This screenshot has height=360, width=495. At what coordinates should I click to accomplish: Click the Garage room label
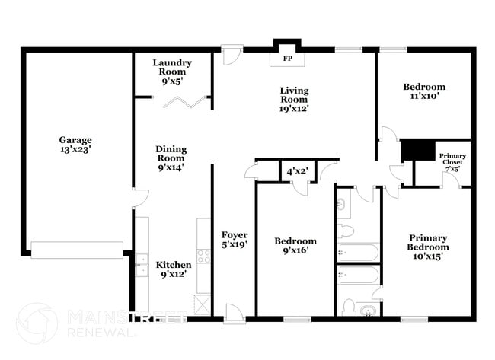pyautogui.click(x=75, y=145)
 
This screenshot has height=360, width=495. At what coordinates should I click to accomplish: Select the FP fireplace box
pyautogui.click(x=288, y=59)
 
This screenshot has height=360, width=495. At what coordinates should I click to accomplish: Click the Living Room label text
pyautogui.click(x=293, y=99)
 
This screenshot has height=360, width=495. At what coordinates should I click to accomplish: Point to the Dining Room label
pyautogui.click(x=171, y=158)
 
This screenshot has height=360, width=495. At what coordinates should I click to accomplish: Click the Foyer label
pyautogui.click(x=235, y=240)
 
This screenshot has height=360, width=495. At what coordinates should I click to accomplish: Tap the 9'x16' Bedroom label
pyautogui.click(x=295, y=245)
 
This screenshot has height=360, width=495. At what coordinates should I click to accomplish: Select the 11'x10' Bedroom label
pyautogui.click(x=424, y=92)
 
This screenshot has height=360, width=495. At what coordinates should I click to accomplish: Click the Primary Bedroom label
pyautogui.click(x=427, y=247)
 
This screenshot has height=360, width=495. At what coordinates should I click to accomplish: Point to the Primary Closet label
pyautogui.click(x=452, y=162)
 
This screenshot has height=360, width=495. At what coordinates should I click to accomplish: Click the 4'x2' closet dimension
pyautogui.click(x=296, y=172)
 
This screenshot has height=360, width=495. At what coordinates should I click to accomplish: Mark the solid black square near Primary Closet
pyautogui.click(x=417, y=150)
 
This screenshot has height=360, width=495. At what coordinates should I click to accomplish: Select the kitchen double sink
pyautogui.click(x=142, y=263)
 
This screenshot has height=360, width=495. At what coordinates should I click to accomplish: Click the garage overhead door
pyautogui.click(x=76, y=247)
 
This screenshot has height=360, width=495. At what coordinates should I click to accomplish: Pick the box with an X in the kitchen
pyautogui.click(x=203, y=304)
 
